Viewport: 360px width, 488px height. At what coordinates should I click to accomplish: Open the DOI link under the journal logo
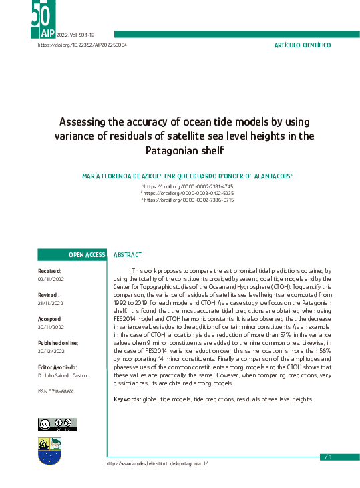[82, 45]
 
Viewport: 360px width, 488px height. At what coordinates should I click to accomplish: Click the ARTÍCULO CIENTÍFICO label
[303, 45]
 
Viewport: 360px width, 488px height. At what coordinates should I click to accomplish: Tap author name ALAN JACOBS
[272, 176]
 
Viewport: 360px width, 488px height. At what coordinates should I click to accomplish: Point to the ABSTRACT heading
[128, 255]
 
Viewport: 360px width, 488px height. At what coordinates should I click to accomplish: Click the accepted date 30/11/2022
[50, 327]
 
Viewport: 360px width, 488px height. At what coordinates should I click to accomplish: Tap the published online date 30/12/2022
[50, 351]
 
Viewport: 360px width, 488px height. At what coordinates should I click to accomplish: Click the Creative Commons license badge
[57, 424]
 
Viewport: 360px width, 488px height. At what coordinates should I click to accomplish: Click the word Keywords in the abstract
[126, 399]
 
